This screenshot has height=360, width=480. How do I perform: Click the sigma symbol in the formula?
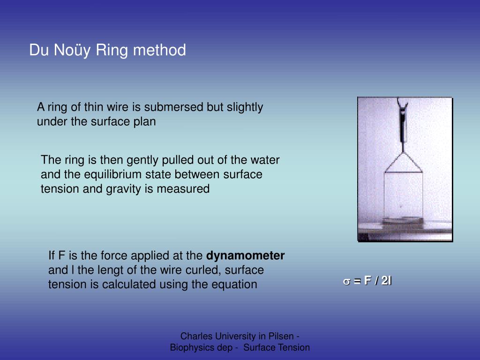point(346,281)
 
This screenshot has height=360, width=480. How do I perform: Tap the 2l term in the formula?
point(386,281)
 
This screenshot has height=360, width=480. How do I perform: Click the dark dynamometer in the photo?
point(403,124)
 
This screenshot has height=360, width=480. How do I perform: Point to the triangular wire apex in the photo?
point(403,154)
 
